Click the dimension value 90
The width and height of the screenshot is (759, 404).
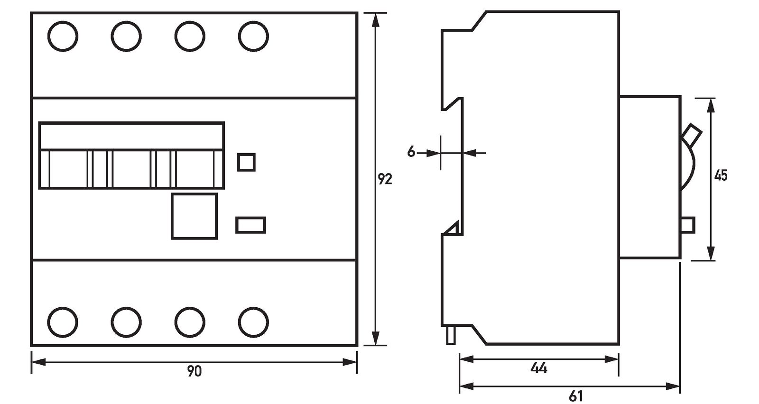coord(194,371)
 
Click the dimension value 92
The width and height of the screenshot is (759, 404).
coord(385,179)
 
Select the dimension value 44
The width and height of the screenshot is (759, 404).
coord(538,367)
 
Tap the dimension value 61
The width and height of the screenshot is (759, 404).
coord(575,395)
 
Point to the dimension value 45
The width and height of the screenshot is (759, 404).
coord(721,175)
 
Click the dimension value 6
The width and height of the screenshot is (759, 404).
coord(411,152)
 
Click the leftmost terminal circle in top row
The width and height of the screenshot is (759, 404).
coord(63,36)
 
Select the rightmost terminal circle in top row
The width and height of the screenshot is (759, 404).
coord(254,36)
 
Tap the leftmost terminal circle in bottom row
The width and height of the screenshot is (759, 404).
coord(63,322)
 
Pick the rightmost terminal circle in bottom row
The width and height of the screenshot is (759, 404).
coord(254,322)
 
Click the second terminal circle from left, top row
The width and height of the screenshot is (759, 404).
coord(127,36)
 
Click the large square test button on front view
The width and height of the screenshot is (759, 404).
coord(194,216)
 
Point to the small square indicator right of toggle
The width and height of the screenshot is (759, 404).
coord(246,162)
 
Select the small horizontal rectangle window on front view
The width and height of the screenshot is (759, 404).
coord(250,225)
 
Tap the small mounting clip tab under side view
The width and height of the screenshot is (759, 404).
coord(451,335)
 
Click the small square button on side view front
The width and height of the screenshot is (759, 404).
coord(688,225)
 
